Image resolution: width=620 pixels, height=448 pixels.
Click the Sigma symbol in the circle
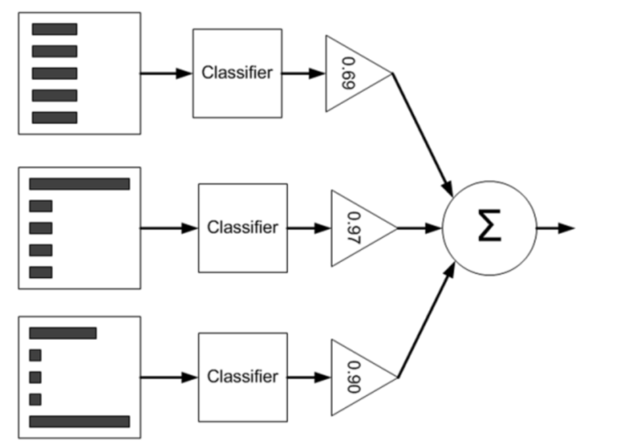[490, 225]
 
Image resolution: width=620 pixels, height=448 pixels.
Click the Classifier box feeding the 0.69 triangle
[237, 73]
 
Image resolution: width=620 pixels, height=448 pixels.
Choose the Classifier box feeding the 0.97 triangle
[243, 228]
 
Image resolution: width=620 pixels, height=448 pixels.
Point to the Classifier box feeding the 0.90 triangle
[243, 377]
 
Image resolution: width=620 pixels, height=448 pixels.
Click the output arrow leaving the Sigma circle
[555, 228]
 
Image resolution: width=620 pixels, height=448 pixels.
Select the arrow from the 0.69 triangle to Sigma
[423, 134]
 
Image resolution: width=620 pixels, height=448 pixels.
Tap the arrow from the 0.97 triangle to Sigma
[419, 229]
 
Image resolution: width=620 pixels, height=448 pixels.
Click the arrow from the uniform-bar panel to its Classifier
[166, 73]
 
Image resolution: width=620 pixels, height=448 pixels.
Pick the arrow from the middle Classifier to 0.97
[309, 229]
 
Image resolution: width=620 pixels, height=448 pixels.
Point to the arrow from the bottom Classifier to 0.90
[309, 377]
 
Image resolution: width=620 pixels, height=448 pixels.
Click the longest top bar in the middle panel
[80, 184]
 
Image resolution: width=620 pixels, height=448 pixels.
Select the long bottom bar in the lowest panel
[80, 422]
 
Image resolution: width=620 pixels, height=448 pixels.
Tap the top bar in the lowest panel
[63, 333]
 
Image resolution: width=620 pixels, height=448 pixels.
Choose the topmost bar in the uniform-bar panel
[55, 29]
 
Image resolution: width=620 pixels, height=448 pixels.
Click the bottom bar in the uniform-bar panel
[55, 118]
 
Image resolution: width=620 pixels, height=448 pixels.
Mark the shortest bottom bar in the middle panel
[41, 272]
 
